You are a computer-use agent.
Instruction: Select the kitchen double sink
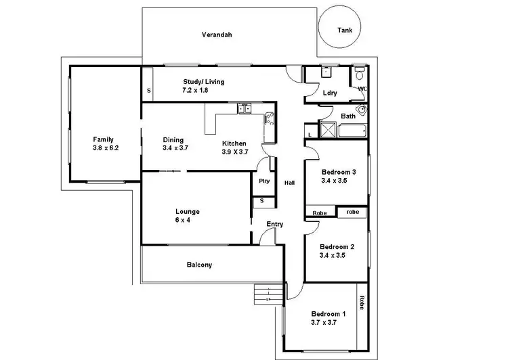point(245,108)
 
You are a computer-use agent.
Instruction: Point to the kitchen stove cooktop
point(269,120)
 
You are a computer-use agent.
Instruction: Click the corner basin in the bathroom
point(363,110)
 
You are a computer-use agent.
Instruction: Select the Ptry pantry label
point(263,181)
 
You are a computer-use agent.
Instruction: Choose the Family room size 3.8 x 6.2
point(106,148)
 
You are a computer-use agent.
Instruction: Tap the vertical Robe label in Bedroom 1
point(362,302)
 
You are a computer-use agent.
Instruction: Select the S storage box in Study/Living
point(148,90)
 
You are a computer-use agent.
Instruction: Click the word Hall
point(289,183)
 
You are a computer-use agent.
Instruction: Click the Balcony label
point(199,265)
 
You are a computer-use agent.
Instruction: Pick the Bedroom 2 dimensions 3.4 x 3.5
point(337,256)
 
